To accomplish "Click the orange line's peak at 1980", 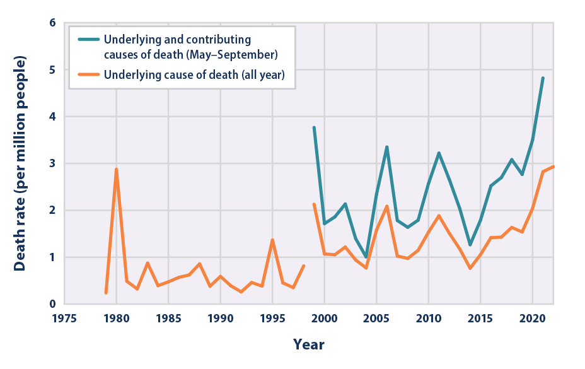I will pos(116,169).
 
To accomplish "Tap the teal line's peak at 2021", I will pos(543,78).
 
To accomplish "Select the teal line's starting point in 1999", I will pos(314,127).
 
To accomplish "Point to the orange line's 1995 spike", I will pos(272,240).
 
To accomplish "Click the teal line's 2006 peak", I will pos(386,147).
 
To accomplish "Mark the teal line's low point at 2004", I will pos(366,257).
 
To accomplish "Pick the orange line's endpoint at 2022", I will pos(553,167).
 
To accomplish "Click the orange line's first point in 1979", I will pos(106,293).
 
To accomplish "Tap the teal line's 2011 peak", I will pos(439,153).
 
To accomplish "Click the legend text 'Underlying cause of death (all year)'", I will pos(195,75).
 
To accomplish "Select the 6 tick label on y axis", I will pos(52,23).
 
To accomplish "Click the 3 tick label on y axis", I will pos(52,163).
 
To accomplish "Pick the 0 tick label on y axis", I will pos(52,304).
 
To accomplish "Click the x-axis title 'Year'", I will pos(309,344).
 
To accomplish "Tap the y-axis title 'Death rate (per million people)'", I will pos(20,163).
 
